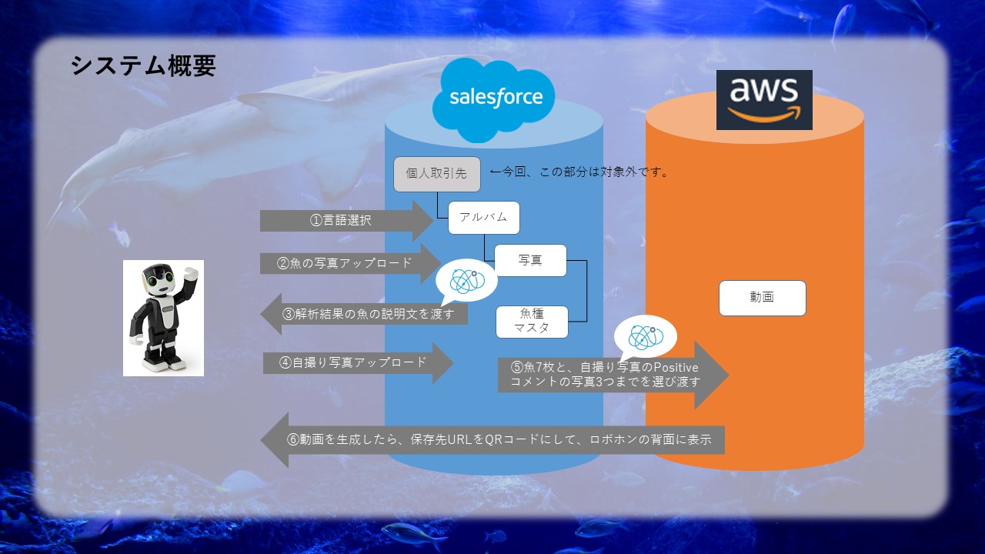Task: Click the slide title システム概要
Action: [x=143, y=66]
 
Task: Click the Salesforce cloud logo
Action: [x=496, y=98]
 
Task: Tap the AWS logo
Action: [x=764, y=100]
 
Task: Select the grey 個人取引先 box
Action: [x=436, y=174]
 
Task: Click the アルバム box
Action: [x=483, y=218]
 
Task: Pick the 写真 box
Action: [x=530, y=260]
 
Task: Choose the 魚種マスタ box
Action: [x=532, y=322]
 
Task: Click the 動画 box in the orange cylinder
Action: [x=762, y=298]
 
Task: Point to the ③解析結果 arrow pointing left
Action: [x=366, y=314]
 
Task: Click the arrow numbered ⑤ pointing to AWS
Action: [x=608, y=375]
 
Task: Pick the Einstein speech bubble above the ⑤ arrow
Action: [x=644, y=337]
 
